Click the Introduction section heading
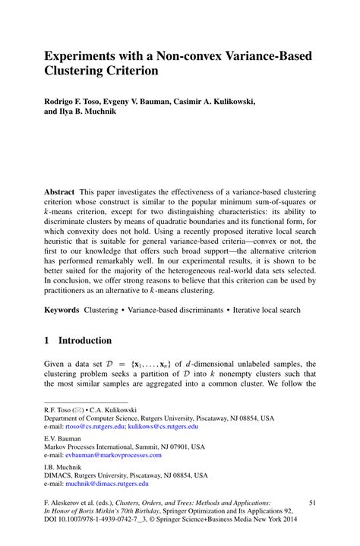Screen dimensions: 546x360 (85, 341)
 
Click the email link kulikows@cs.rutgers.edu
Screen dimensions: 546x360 (163, 427)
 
